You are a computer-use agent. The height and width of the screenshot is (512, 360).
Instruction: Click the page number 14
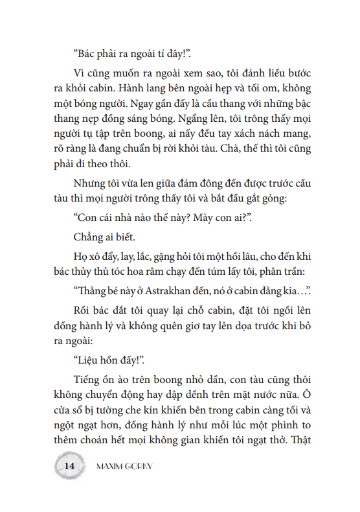(70, 466)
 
